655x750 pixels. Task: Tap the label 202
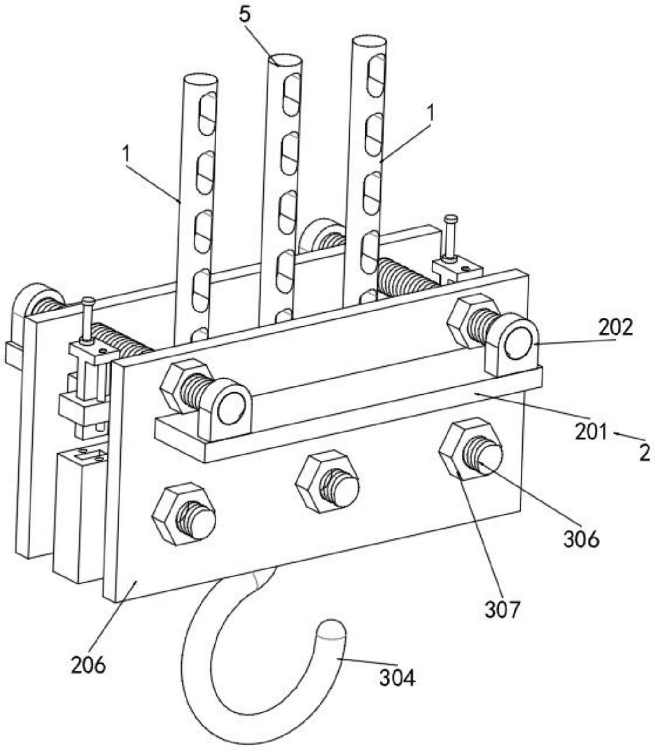pyautogui.click(x=615, y=327)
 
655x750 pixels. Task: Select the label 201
pyautogui.click(x=591, y=432)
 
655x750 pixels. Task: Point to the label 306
pyautogui.click(x=581, y=539)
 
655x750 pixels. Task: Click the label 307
pyautogui.click(x=502, y=610)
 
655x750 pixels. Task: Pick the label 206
pyautogui.click(x=89, y=665)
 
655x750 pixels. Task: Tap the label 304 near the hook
pyautogui.click(x=397, y=678)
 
